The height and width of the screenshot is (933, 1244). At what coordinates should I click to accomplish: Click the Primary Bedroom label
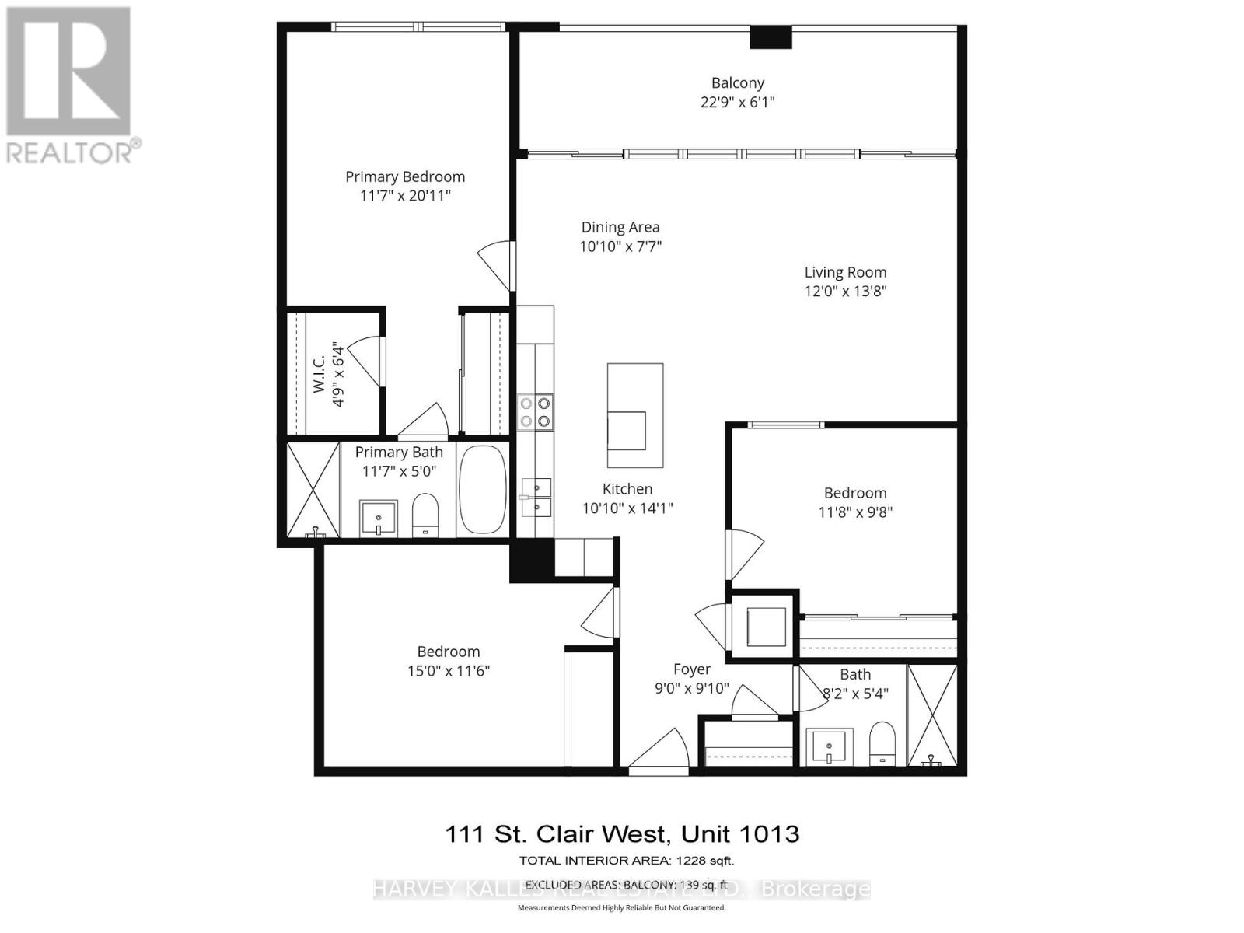click(405, 177)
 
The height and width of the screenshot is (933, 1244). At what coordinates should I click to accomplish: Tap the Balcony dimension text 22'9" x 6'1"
click(738, 102)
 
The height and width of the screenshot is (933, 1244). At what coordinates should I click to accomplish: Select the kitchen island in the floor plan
click(635, 415)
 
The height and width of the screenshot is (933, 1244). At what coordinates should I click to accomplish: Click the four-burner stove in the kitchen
click(535, 412)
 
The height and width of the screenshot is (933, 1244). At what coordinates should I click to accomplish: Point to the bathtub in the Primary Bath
click(483, 490)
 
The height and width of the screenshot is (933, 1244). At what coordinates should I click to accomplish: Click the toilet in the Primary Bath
click(425, 515)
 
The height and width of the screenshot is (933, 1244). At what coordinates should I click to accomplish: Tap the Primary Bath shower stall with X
click(313, 490)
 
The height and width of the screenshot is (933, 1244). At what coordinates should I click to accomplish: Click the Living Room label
click(845, 272)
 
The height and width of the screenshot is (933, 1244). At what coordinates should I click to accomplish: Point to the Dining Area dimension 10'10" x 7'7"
click(620, 246)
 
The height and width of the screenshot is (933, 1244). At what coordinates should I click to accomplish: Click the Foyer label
click(692, 669)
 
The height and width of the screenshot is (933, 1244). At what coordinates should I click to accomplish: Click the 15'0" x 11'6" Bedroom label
click(449, 652)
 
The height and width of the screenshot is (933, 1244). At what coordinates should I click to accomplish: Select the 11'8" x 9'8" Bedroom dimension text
click(855, 512)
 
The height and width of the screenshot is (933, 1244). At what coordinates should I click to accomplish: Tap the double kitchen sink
click(536, 498)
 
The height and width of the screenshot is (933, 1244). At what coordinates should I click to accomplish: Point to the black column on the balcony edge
click(771, 37)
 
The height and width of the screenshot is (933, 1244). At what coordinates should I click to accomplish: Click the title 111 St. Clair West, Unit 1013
click(622, 834)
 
